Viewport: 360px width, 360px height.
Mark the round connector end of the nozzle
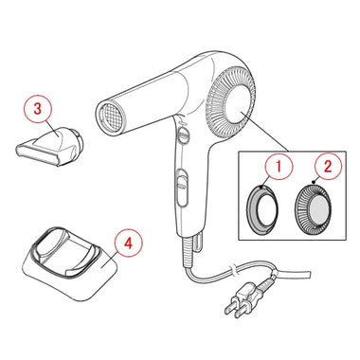point(79,140)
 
